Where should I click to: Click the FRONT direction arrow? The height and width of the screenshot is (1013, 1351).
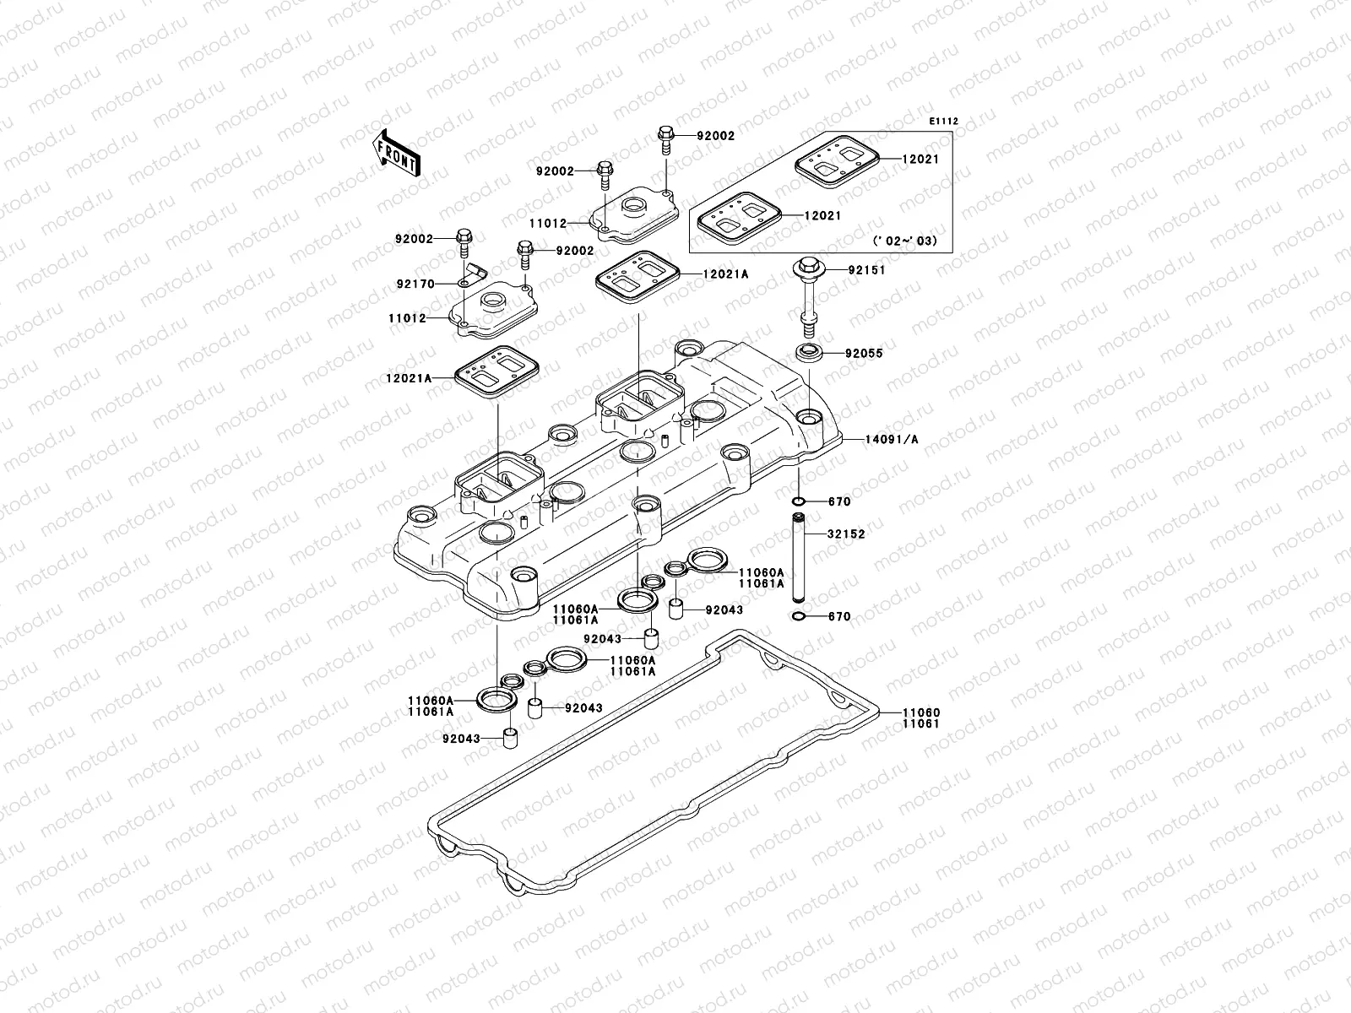tap(399, 152)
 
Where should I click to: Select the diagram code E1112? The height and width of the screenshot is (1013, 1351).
tap(944, 122)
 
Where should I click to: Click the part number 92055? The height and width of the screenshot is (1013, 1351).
tap(865, 354)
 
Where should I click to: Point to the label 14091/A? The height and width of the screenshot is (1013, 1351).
tap(891, 439)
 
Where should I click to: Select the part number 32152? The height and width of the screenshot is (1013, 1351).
tap(846, 534)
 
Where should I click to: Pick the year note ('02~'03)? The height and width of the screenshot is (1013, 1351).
tap(905, 241)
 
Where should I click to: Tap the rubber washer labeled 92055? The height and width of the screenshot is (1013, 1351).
tap(807, 353)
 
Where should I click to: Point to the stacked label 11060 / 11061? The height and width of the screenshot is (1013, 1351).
tap(920, 718)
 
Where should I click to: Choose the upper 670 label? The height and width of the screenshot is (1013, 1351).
tap(839, 501)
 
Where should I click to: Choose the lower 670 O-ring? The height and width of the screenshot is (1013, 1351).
tap(799, 617)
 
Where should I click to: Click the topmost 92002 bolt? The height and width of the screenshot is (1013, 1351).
tap(665, 137)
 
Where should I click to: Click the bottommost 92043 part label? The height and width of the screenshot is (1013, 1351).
tap(460, 739)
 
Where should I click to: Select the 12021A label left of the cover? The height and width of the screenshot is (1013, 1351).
tap(410, 379)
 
